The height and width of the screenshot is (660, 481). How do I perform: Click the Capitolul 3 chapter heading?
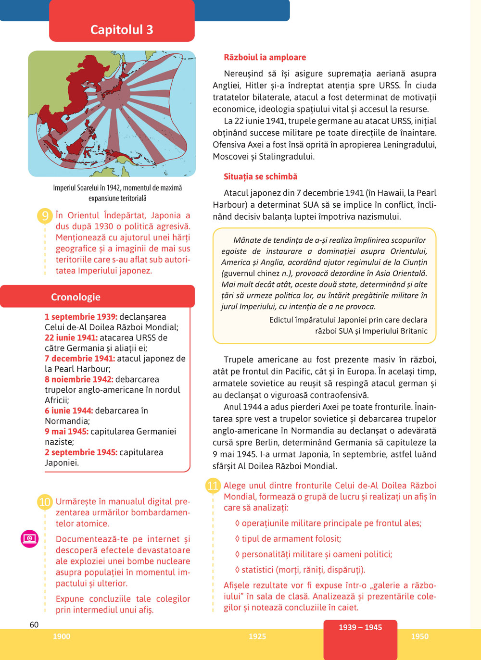click(122, 30)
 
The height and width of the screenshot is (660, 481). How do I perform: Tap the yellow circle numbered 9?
click(45, 216)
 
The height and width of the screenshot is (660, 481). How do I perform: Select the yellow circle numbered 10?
click(45, 502)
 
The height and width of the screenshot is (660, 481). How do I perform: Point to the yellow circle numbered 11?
click(213, 486)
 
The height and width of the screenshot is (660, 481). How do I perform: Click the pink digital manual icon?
click(30, 538)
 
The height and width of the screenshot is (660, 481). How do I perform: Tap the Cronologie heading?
click(76, 297)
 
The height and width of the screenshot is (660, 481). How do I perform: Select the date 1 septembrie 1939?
click(81, 317)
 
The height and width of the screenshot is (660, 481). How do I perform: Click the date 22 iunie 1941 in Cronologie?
click(71, 337)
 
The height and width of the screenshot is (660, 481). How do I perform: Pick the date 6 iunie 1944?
click(69, 411)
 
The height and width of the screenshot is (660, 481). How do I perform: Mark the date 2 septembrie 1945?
click(81, 452)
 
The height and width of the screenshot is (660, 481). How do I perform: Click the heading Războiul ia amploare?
click(265, 57)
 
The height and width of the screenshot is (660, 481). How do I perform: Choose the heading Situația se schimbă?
click(261, 176)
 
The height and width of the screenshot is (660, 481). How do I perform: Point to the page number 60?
click(34, 624)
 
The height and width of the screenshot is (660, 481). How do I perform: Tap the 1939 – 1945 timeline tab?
click(360, 627)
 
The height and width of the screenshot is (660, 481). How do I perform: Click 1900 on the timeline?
click(62, 636)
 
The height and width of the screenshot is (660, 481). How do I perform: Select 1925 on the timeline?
click(257, 636)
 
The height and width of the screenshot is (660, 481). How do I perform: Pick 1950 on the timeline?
click(419, 636)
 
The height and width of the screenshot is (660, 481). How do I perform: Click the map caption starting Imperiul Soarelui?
click(117, 193)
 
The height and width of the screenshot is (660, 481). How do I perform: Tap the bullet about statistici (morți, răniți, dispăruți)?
click(300, 570)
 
